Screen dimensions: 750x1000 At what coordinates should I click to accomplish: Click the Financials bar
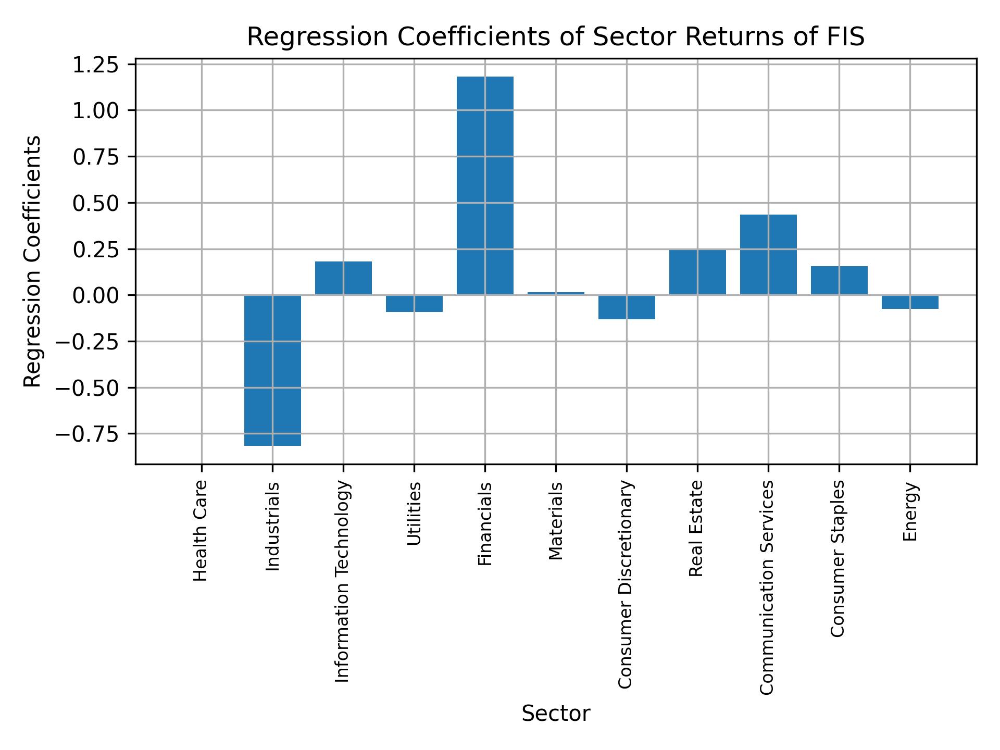tap(485, 186)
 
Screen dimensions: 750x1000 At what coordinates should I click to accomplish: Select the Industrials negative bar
tap(272, 370)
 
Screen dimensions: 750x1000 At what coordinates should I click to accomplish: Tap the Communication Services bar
tap(768, 255)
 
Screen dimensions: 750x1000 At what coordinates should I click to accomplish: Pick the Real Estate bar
tap(697, 272)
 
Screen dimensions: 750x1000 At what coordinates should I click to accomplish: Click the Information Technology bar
tap(343, 278)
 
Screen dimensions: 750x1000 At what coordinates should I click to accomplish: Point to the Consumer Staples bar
tap(839, 281)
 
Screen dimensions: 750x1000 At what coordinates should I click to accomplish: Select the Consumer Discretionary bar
tap(627, 307)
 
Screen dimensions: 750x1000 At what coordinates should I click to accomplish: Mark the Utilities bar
tap(414, 303)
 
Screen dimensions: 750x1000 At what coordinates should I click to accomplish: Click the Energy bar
tap(910, 302)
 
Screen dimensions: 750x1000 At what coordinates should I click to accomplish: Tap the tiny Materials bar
tap(556, 293)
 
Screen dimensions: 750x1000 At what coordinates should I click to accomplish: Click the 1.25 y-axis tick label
tap(95, 66)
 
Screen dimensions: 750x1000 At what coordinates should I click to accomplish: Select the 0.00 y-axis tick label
tap(95, 295)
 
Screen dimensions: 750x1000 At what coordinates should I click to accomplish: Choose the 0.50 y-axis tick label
tap(95, 203)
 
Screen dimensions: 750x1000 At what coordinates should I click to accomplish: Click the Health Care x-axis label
tap(201, 530)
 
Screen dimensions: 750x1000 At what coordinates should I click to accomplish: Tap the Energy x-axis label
tap(909, 512)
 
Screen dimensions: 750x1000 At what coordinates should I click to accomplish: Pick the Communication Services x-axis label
tap(767, 587)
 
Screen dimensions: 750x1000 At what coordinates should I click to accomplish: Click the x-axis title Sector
tap(556, 714)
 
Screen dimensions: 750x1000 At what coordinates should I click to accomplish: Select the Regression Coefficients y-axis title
tap(33, 261)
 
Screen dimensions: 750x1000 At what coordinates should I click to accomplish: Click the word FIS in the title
tap(846, 37)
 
